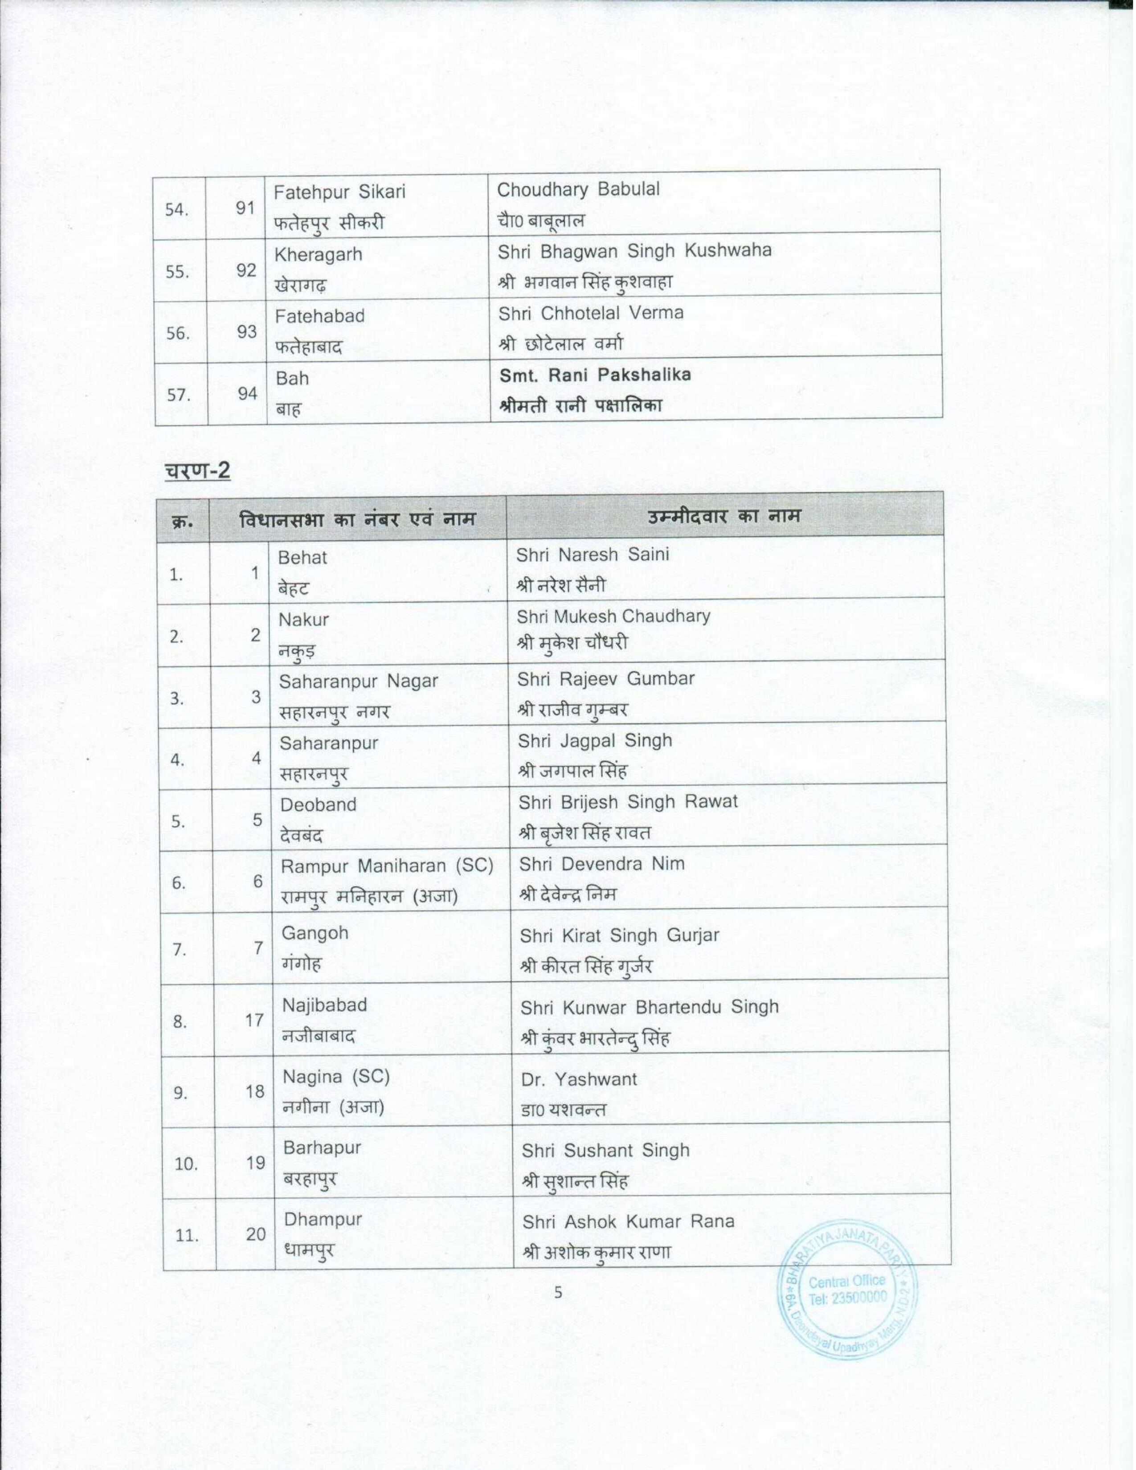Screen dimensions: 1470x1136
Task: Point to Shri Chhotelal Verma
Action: click(590, 313)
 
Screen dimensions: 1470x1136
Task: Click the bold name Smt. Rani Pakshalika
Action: click(594, 375)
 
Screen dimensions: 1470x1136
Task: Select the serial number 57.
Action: click(178, 394)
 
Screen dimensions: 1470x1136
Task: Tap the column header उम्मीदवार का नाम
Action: click(724, 516)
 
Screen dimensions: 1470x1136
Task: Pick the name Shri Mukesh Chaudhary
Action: click(613, 617)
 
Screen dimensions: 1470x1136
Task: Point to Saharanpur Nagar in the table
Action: click(358, 681)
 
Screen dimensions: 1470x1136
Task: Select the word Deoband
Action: click(318, 805)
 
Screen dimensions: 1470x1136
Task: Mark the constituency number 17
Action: click(254, 1021)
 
